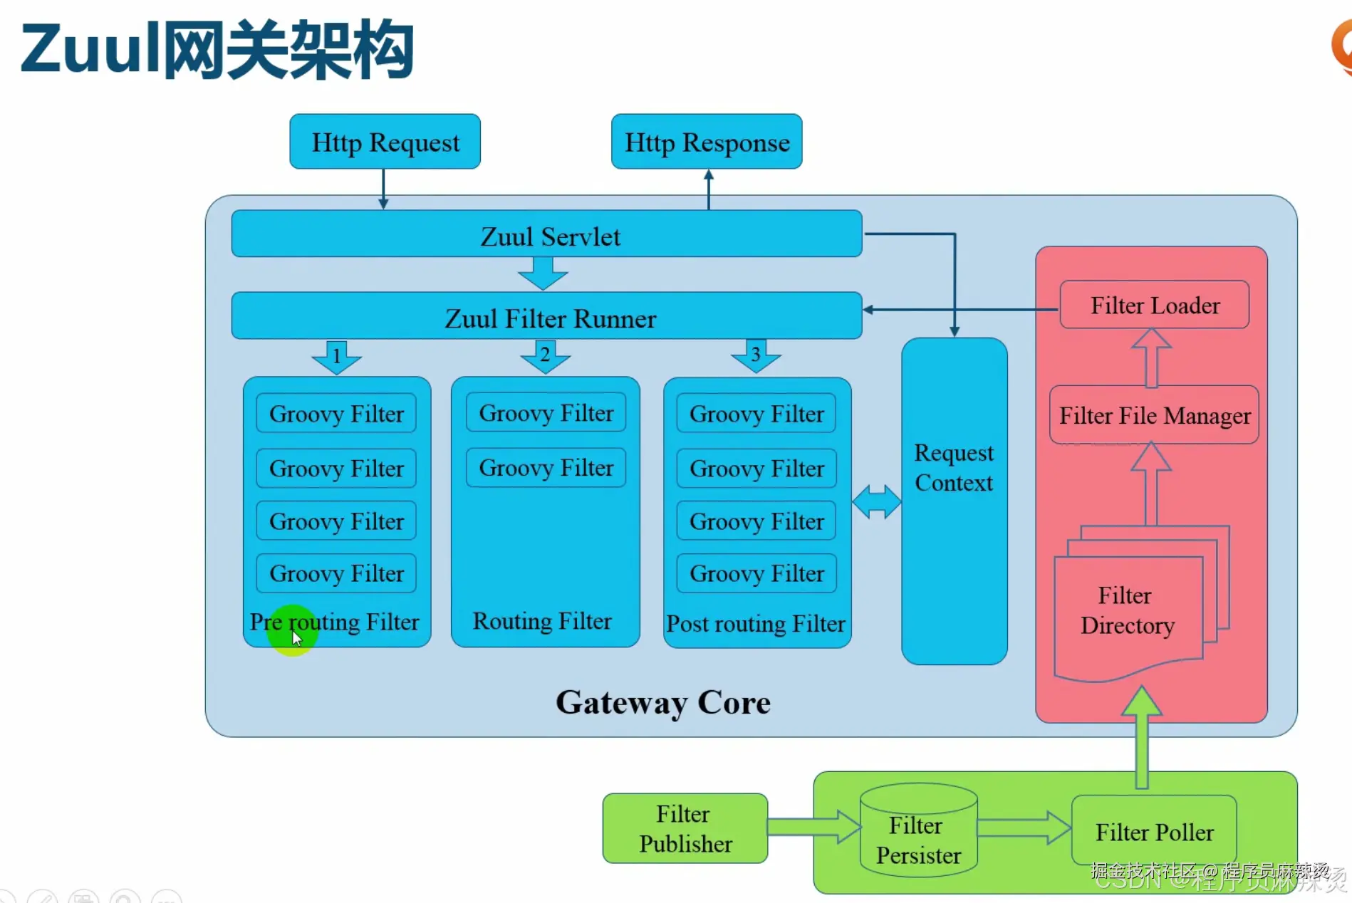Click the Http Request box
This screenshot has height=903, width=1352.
[385, 142]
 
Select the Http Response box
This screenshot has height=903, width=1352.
[707, 142]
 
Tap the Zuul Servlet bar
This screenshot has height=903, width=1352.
[546, 234]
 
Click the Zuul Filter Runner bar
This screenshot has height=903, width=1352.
[546, 316]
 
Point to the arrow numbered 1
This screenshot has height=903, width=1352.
[336, 356]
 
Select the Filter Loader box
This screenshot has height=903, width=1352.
[1154, 305]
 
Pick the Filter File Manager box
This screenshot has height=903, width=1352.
[1154, 415]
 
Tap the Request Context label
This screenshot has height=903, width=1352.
[953, 468]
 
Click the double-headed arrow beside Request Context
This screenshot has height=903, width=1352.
[876, 501]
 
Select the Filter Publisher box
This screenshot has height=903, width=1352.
[685, 828]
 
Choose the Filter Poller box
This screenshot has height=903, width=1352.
[1154, 831]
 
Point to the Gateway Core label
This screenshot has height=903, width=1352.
[662, 703]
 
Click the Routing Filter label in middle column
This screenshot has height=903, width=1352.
[542, 621]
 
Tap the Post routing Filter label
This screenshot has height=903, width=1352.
[755, 624]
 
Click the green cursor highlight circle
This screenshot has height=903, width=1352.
[292, 630]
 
